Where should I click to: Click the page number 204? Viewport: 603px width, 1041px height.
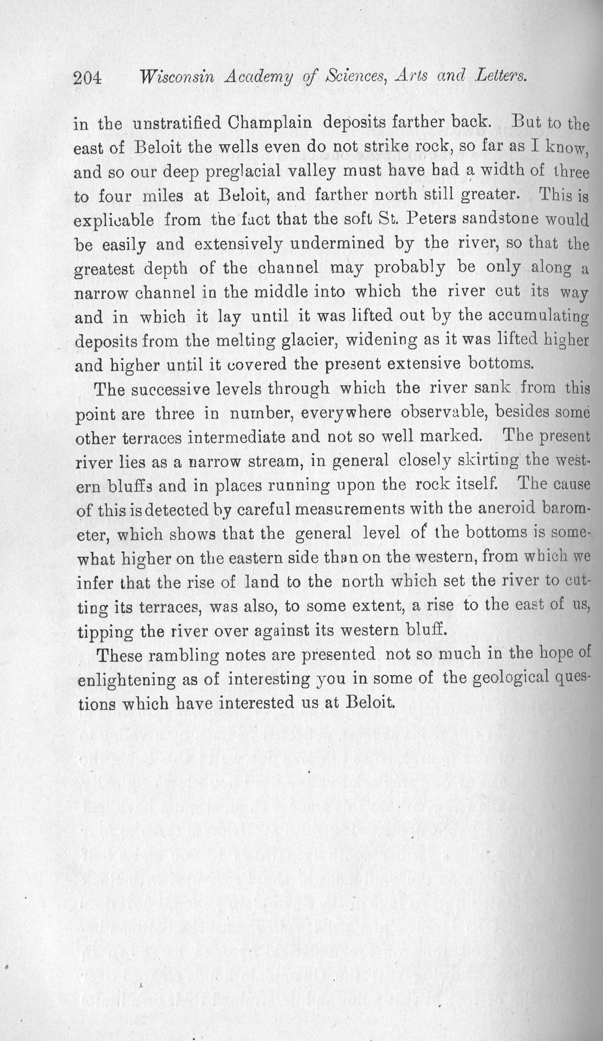[x=88, y=78]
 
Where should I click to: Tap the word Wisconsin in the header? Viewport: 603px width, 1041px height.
[x=177, y=78]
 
